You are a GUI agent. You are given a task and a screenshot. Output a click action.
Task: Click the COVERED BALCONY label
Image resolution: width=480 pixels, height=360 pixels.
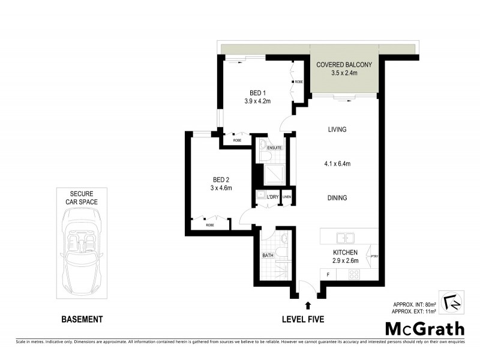coord(344,65)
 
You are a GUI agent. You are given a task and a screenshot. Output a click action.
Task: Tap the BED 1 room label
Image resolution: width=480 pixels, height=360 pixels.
coord(257,93)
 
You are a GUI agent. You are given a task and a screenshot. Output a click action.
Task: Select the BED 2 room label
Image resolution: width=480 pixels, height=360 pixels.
coord(221,179)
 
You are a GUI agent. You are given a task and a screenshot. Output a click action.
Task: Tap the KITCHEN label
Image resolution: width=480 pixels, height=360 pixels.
coord(346,253)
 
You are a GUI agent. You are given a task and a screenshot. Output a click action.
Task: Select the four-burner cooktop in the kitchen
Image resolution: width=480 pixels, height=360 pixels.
coord(354,274)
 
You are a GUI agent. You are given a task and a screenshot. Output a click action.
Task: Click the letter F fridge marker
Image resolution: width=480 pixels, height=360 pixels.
coord(328,274)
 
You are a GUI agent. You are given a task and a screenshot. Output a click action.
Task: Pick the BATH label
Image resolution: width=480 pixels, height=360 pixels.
coord(268,256)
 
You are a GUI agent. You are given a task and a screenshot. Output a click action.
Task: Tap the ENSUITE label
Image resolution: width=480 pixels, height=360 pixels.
coord(266,148)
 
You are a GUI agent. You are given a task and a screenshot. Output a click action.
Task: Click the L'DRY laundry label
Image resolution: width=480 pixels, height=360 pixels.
coord(272,197)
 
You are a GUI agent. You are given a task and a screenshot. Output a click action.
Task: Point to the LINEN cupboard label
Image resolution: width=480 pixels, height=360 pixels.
coord(287,197)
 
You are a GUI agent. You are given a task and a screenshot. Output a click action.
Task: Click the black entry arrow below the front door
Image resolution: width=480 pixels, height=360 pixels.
coord(308,305)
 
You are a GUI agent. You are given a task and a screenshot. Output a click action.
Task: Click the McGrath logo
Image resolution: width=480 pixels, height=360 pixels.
coord(424,328)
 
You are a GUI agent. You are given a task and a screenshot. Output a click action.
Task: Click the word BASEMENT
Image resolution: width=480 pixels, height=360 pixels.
coord(82,319)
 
